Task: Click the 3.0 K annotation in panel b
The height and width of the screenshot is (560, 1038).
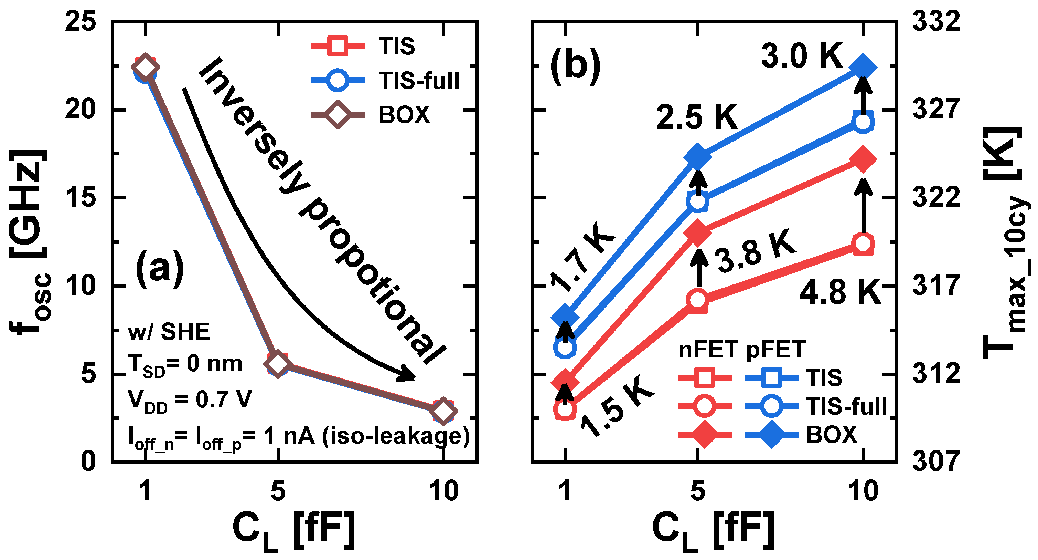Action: (x=802, y=56)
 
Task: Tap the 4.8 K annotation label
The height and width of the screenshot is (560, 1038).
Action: (x=841, y=292)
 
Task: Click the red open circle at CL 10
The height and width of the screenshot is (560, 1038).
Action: (x=863, y=244)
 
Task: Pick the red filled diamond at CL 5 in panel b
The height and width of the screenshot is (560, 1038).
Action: (x=697, y=233)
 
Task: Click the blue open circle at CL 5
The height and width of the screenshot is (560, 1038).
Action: (x=697, y=201)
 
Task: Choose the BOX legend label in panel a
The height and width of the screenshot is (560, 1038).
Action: (x=404, y=115)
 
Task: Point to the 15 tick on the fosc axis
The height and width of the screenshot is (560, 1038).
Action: (x=81, y=198)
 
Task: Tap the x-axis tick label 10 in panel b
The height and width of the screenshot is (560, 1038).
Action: (x=863, y=491)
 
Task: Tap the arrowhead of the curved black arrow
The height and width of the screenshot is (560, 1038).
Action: (x=408, y=375)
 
